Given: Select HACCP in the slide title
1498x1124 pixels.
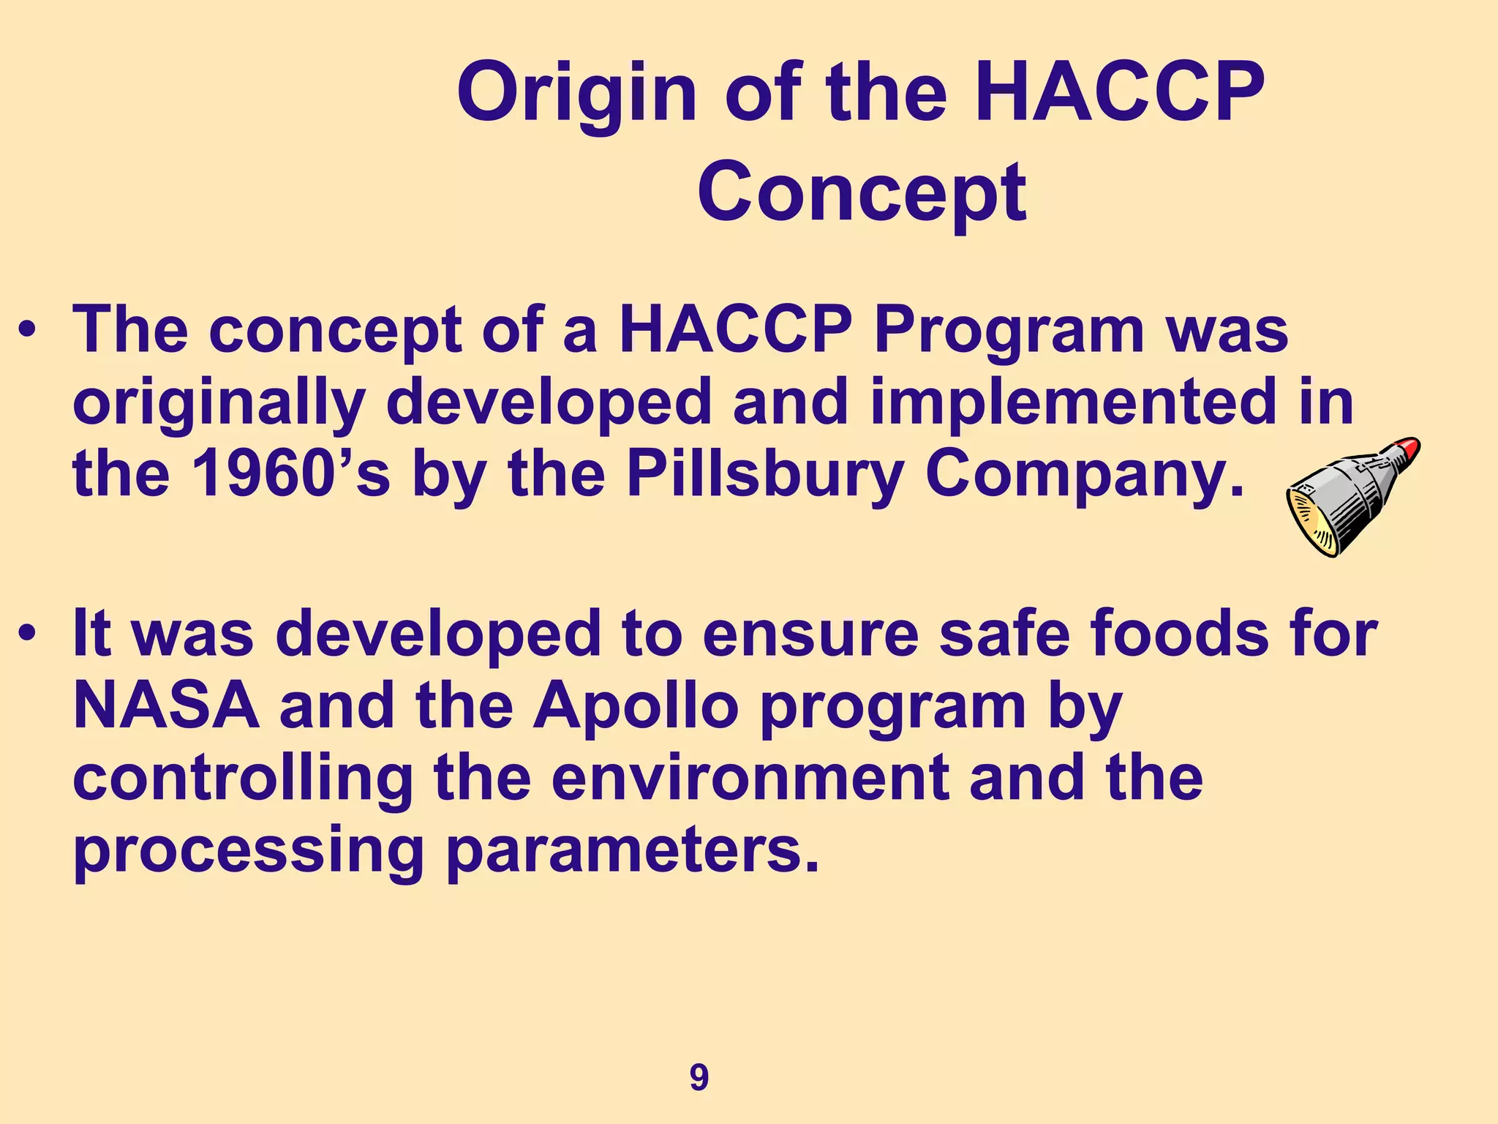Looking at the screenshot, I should [x=1120, y=94].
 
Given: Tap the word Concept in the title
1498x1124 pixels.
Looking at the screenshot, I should [x=862, y=192].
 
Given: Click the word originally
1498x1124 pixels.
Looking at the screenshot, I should [x=218, y=404].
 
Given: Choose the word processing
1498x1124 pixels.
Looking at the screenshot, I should [x=249, y=852].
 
